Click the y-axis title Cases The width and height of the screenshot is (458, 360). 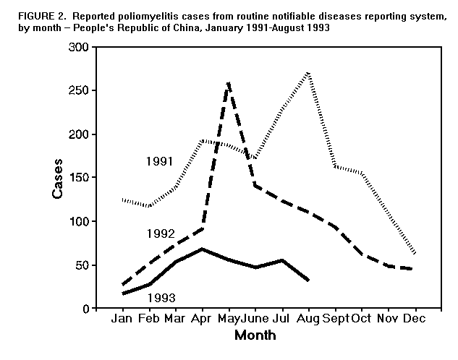57,178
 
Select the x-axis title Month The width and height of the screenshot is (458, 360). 255,335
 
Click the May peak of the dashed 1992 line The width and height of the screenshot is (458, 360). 229,83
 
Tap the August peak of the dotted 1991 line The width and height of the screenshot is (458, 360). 309,73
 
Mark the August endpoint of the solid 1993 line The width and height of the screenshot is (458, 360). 309,280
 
